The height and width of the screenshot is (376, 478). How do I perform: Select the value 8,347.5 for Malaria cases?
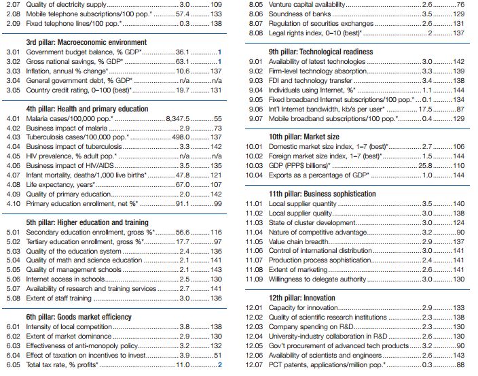click(x=179, y=118)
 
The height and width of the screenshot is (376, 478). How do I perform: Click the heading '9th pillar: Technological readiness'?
click(x=320, y=52)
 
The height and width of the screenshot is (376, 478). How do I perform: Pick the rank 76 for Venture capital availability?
click(x=459, y=4)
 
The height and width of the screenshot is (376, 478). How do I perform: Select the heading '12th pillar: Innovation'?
click(x=301, y=298)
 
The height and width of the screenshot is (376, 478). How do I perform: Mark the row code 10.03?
click(x=254, y=165)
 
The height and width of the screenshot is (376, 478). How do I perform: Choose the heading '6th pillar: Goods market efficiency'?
click(x=79, y=317)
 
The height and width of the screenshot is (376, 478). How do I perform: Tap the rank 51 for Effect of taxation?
click(x=217, y=355)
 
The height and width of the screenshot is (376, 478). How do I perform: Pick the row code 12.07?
click(x=254, y=364)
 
